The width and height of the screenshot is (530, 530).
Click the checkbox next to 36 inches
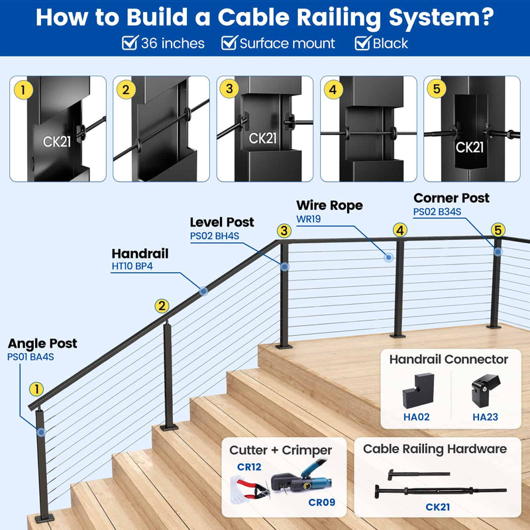(x=130, y=44)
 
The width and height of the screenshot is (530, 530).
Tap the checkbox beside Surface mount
(x=229, y=44)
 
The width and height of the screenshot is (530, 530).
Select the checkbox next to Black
(x=362, y=44)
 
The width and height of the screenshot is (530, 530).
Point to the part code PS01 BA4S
(x=30, y=357)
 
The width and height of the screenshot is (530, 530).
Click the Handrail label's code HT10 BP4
(x=132, y=267)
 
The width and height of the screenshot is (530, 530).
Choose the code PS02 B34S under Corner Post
(x=437, y=212)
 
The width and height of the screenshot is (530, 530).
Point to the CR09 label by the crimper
(x=321, y=502)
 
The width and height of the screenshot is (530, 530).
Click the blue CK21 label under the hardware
(x=439, y=508)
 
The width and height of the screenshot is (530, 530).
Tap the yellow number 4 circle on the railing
(x=399, y=231)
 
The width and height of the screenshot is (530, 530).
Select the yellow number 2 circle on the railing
(x=162, y=305)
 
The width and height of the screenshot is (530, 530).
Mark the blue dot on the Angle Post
(x=42, y=431)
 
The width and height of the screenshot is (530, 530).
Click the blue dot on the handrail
(x=203, y=290)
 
